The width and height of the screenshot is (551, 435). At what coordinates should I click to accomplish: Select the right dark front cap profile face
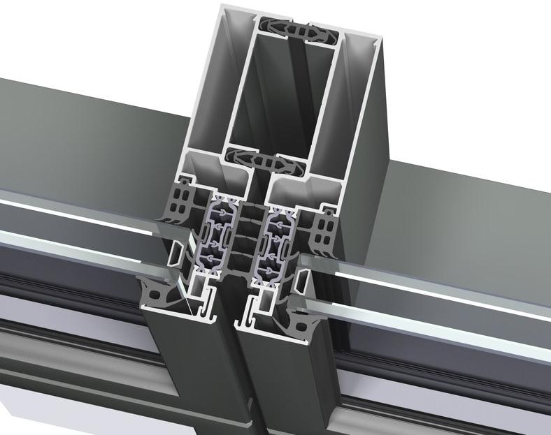[x=280, y=384]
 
